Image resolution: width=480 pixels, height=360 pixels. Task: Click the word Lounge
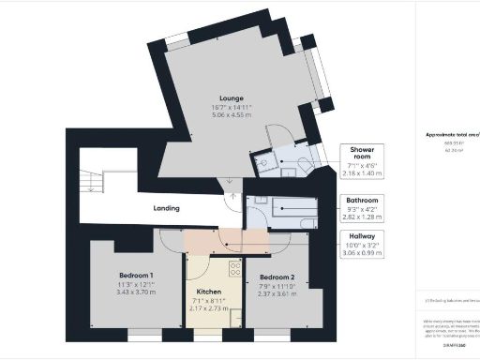[232, 97]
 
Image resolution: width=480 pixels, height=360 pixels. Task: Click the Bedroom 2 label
[277, 277]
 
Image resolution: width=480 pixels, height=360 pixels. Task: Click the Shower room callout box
[364, 160]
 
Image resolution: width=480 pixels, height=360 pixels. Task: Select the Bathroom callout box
[364, 206]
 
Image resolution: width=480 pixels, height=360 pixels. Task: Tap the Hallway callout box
[364, 246]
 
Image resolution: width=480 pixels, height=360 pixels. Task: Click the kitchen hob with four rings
[236, 271]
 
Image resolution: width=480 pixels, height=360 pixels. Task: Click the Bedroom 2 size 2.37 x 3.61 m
[277, 292]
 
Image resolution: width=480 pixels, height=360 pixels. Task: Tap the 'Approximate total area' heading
[451, 134]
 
